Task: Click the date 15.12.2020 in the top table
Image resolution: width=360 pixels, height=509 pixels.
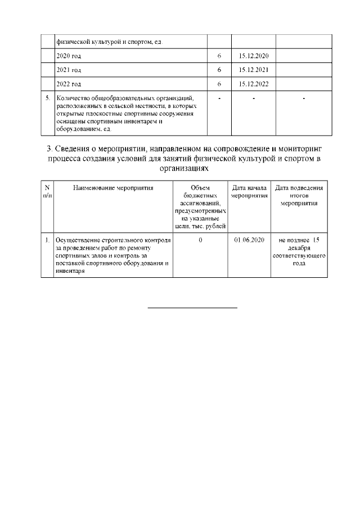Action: pos(253,57)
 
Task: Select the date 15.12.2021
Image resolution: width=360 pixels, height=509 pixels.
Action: pos(253,70)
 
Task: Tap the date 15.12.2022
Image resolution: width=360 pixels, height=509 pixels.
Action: pos(253,84)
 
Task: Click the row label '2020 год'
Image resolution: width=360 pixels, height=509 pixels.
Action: pos(69,57)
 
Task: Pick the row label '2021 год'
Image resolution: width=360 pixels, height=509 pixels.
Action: pos(69,70)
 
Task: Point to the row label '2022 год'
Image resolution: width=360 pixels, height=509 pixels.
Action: pos(69,84)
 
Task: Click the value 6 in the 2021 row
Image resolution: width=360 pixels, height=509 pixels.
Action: pos(219,70)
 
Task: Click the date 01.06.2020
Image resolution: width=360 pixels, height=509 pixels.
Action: pos(249,240)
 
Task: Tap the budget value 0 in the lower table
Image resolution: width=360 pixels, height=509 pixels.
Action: pos(200,240)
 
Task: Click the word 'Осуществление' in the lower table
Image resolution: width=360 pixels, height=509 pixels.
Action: pos(76,240)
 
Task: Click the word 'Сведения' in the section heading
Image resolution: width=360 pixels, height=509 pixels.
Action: pos(76,148)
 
